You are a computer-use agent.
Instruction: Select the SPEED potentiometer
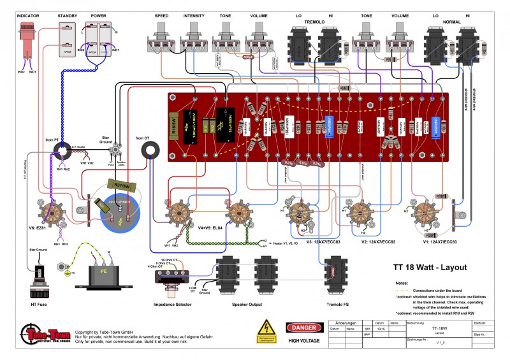pos(162,38)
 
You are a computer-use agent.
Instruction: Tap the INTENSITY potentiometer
pos(194,38)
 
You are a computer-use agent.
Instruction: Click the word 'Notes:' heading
pos(401,282)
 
